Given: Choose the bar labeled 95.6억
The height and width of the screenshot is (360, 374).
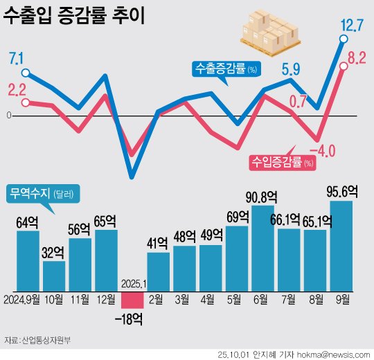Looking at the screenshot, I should [x=341, y=246].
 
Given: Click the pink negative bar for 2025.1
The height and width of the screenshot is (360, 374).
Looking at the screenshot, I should [x=132, y=300].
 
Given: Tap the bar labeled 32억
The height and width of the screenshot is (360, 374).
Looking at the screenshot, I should [x=54, y=276].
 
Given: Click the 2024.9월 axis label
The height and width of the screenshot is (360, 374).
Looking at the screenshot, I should [x=22, y=300].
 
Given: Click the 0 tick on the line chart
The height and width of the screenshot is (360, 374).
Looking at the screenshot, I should [x=9, y=116].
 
